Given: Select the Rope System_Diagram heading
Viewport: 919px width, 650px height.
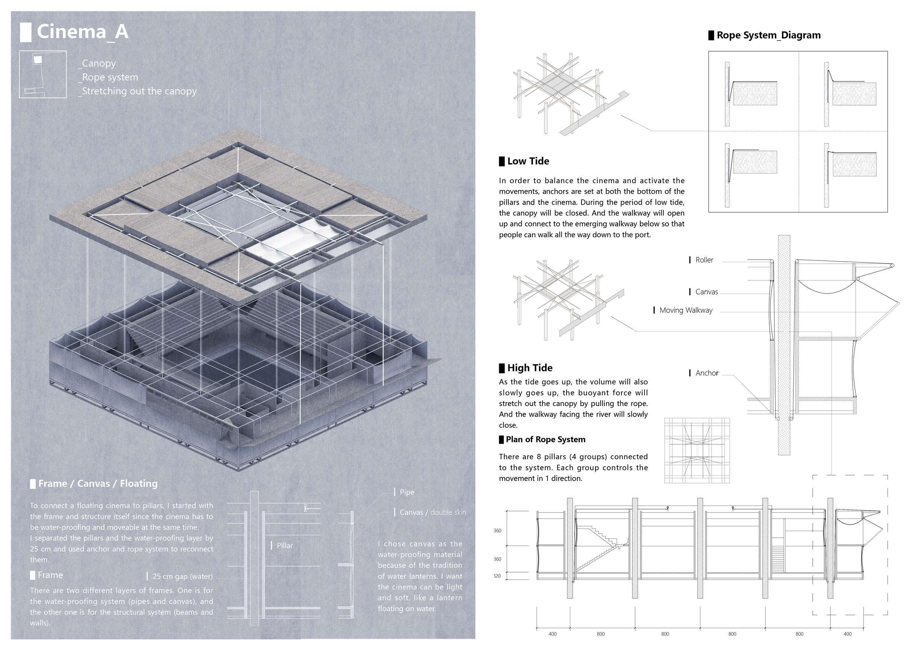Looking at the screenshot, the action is click(769, 35).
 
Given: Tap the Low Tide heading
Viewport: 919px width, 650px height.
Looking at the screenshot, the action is click(528, 161).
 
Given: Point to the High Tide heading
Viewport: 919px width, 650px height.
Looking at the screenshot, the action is click(530, 368).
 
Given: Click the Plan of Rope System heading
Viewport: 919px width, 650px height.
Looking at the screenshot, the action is click(545, 440).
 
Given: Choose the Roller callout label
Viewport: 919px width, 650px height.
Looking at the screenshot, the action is click(704, 260).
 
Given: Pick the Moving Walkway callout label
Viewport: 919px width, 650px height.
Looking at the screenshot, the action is click(686, 310).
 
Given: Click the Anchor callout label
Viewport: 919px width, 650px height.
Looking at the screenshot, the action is click(707, 373).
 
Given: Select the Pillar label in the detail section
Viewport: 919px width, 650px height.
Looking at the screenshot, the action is click(285, 545).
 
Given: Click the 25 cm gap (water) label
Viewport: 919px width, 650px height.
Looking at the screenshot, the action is click(183, 576).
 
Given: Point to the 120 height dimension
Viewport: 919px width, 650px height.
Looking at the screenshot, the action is click(497, 576).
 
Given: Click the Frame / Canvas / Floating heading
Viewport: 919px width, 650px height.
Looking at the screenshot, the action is click(98, 484).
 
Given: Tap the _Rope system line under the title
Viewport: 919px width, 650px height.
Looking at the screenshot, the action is click(108, 77).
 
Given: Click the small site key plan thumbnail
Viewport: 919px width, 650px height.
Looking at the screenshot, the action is click(43, 74).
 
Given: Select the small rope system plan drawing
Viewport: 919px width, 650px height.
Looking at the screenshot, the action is click(697, 451).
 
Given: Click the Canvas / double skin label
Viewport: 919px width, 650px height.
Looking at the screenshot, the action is click(433, 512).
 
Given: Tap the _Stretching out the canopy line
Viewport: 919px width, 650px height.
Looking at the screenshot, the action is click(138, 91).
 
